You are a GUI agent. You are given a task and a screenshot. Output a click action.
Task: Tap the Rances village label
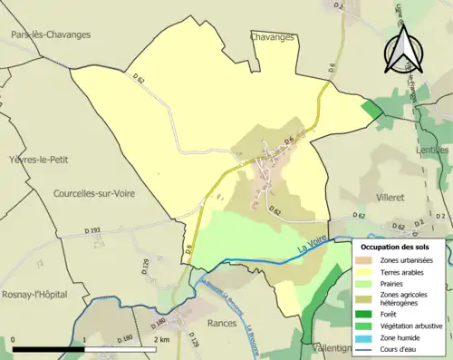coord(220,322)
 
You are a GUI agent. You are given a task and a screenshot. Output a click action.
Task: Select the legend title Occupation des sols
coord(401,247)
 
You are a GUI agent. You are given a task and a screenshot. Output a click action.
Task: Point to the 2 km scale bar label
coord(161,339)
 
